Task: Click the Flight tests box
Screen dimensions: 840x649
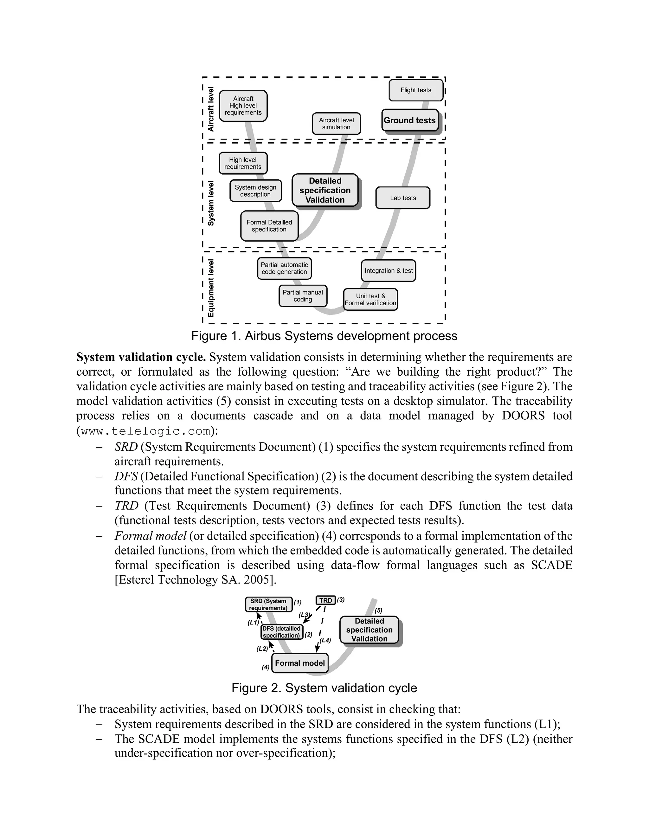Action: point(416,90)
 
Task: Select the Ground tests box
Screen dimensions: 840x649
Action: point(409,120)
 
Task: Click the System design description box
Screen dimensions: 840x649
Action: point(255,191)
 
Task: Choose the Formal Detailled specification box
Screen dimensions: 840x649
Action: point(269,226)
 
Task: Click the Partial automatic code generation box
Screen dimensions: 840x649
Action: point(284,268)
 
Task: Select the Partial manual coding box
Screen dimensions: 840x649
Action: point(303,296)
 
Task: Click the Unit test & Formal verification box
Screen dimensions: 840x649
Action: point(370,300)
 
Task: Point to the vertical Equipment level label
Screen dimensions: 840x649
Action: point(211,288)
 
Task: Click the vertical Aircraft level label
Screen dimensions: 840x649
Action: point(211,109)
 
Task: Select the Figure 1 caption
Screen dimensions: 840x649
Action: point(324,336)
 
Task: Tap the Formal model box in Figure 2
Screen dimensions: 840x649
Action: point(300,663)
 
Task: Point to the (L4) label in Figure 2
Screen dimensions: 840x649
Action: point(325,640)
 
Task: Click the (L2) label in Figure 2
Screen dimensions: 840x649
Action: point(262,649)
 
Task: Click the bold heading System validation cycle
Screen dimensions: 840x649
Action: point(141,357)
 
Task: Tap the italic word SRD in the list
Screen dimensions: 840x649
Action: point(126,447)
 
